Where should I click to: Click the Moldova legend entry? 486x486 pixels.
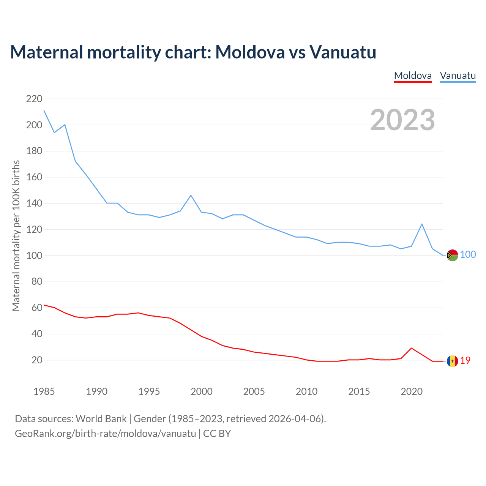413,76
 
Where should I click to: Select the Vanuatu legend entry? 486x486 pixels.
458,76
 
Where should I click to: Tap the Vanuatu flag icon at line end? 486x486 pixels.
452,255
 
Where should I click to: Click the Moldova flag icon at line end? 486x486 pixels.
452,361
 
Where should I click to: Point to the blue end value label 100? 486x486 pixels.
468,255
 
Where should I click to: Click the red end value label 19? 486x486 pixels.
465,361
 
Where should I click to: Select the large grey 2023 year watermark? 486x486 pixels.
402,120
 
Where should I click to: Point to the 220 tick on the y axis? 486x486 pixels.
34,99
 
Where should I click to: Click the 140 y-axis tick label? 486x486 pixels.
34,204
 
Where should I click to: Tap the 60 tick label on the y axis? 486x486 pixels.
37,308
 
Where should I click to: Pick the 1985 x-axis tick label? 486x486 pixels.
44,391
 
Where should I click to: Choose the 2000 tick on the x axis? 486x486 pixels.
202,391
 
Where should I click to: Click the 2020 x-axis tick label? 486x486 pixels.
412,391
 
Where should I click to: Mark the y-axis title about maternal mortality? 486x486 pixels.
16,235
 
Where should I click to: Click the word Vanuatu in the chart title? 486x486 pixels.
342,52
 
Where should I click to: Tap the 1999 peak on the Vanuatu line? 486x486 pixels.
191,195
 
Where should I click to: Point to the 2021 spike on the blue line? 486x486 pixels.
422,224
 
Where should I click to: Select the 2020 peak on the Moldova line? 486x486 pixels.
412,348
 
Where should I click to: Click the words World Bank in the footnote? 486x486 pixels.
101,419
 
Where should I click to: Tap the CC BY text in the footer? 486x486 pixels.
217,434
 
